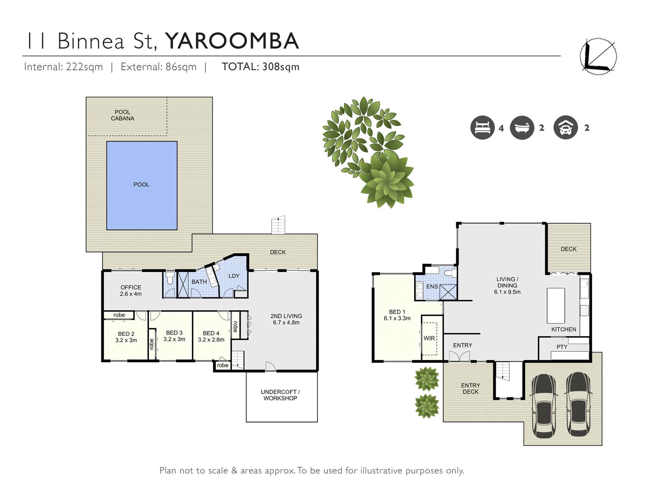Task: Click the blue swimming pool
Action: point(142,185)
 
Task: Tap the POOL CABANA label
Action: point(122,115)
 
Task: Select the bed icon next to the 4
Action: point(482,128)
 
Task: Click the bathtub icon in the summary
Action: point(522,128)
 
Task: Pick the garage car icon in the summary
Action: point(566,128)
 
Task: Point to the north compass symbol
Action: point(598,57)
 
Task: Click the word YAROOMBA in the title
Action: point(232,41)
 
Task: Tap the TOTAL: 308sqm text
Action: point(261,67)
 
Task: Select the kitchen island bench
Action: point(556,305)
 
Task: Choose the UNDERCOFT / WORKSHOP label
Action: point(280,395)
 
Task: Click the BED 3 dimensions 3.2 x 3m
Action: point(174,339)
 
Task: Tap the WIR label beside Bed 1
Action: point(429,338)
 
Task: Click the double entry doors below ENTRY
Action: point(459,356)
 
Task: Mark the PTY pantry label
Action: point(562,347)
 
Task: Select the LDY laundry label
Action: point(234,276)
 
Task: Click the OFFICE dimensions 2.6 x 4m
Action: point(131,294)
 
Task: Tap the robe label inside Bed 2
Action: point(119,315)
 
